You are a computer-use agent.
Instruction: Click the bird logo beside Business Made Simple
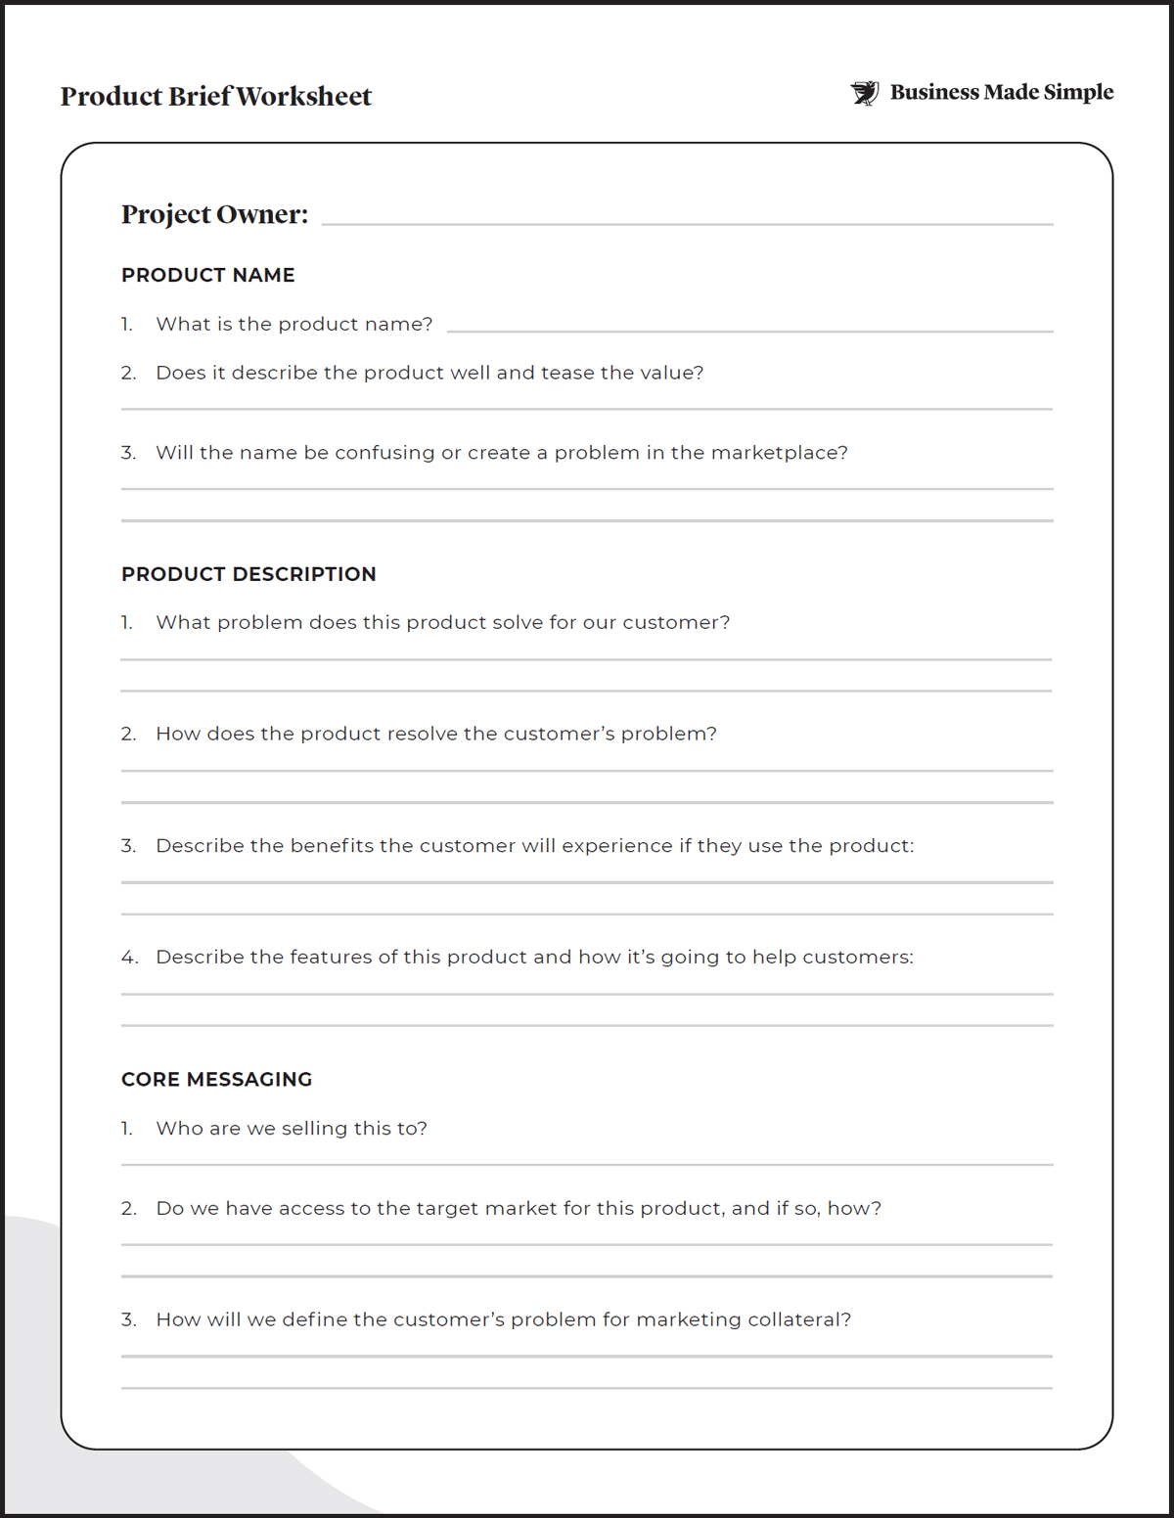(865, 93)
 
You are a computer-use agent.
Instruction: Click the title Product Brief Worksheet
(216, 97)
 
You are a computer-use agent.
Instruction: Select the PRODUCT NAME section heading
(207, 276)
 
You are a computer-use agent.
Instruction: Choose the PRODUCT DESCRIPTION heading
(248, 574)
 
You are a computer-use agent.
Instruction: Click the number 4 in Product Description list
(129, 958)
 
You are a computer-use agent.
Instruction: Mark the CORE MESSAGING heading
(216, 1080)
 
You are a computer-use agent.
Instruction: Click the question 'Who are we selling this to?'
(292, 1129)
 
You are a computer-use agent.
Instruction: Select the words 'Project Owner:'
(214, 214)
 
